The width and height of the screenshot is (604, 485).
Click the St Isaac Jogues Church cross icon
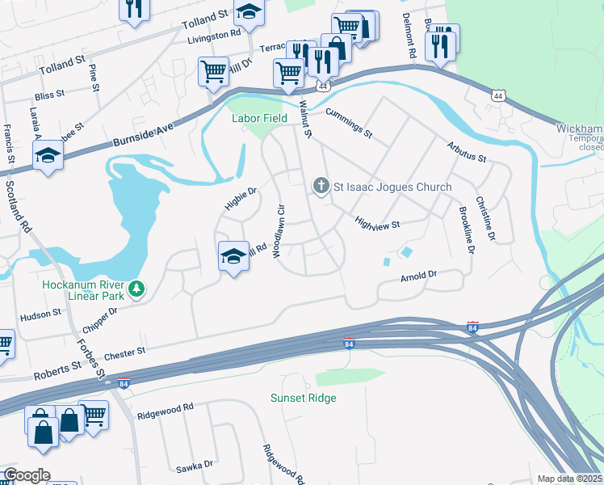(321, 187)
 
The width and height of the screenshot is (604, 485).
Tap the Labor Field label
(259, 118)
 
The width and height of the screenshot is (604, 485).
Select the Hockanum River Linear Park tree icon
(137, 289)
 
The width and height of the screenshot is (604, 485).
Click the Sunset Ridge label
(303, 398)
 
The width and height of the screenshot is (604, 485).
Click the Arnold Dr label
(418, 277)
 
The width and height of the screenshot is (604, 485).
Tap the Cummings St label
(349, 122)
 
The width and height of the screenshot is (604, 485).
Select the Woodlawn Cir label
(279, 230)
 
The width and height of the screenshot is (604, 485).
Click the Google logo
(27, 475)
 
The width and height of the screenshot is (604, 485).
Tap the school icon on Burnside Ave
(48, 156)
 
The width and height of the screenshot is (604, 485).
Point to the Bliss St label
(49, 95)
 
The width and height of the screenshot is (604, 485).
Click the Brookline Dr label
(464, 230)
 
